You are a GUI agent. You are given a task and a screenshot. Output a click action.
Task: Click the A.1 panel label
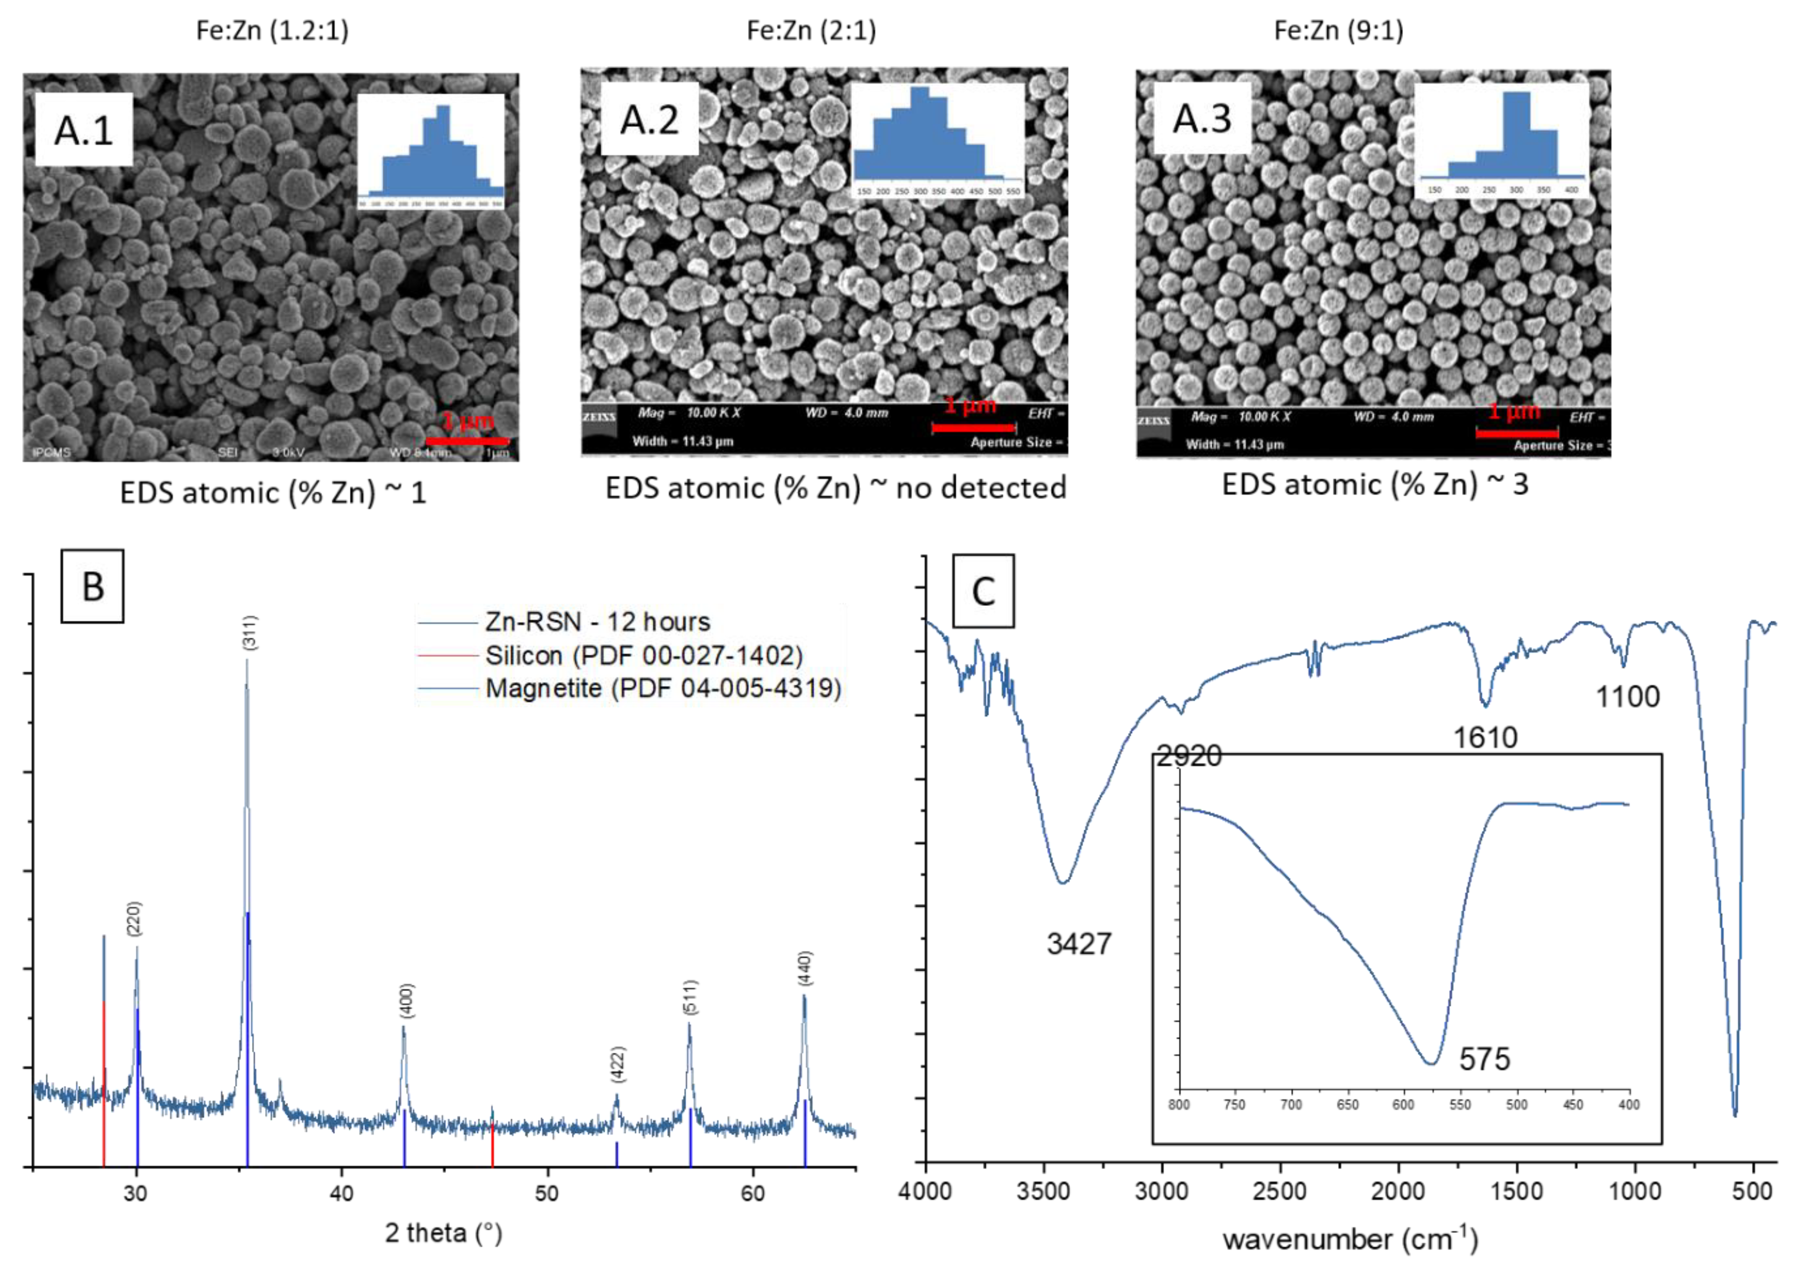click(x=84, y=130)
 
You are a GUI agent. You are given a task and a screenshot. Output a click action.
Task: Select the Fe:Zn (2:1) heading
click(x=811, y=31)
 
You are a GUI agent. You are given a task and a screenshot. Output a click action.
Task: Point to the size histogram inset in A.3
click(x=1502, y=141)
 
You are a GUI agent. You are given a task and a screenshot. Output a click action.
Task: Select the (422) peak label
click(x=618, y=1063)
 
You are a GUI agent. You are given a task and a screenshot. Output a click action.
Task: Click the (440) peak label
click(x=806, y=968)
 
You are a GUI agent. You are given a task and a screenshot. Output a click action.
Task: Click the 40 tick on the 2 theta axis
click(x=342, y=1193)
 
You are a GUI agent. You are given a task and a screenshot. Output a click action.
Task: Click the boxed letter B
click(x=92, y=586)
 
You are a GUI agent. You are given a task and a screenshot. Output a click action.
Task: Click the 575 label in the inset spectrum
click(x=1484, y=1060)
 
